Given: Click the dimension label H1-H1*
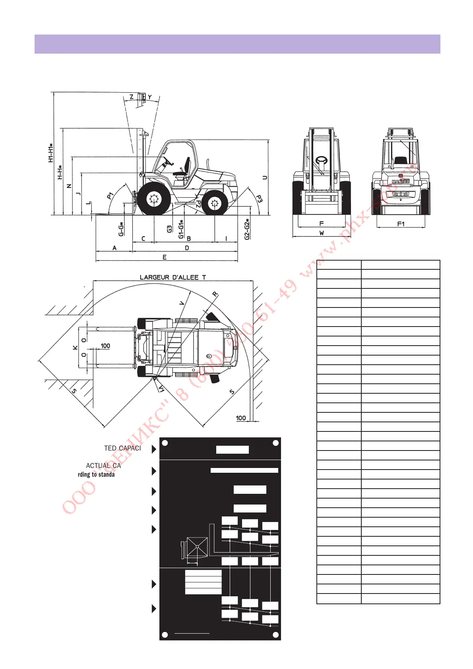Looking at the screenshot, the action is (51, 153).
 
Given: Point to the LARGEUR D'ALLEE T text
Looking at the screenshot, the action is (173, 277).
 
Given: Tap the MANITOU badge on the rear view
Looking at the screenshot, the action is (401, 182).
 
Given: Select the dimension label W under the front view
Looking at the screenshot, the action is (321, 233).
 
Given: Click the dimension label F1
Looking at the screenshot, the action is (401, 224).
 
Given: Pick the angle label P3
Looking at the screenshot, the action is (259, 199).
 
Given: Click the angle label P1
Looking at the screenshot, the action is (110, 195).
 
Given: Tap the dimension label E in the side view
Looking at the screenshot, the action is (165, 257).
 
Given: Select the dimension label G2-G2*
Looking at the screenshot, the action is (247, 229).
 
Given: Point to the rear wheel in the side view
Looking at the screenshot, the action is (215, 203).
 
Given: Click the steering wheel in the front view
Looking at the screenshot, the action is (321, 161).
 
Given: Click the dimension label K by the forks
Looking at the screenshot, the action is (76, 348).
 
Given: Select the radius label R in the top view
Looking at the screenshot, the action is (215, 294).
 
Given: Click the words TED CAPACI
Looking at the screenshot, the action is (122, 448).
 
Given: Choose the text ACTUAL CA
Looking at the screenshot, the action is (103, 466).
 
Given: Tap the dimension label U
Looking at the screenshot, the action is (265, 178).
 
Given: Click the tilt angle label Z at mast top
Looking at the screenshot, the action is (132, 97).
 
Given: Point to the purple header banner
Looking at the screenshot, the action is (237, 44).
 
